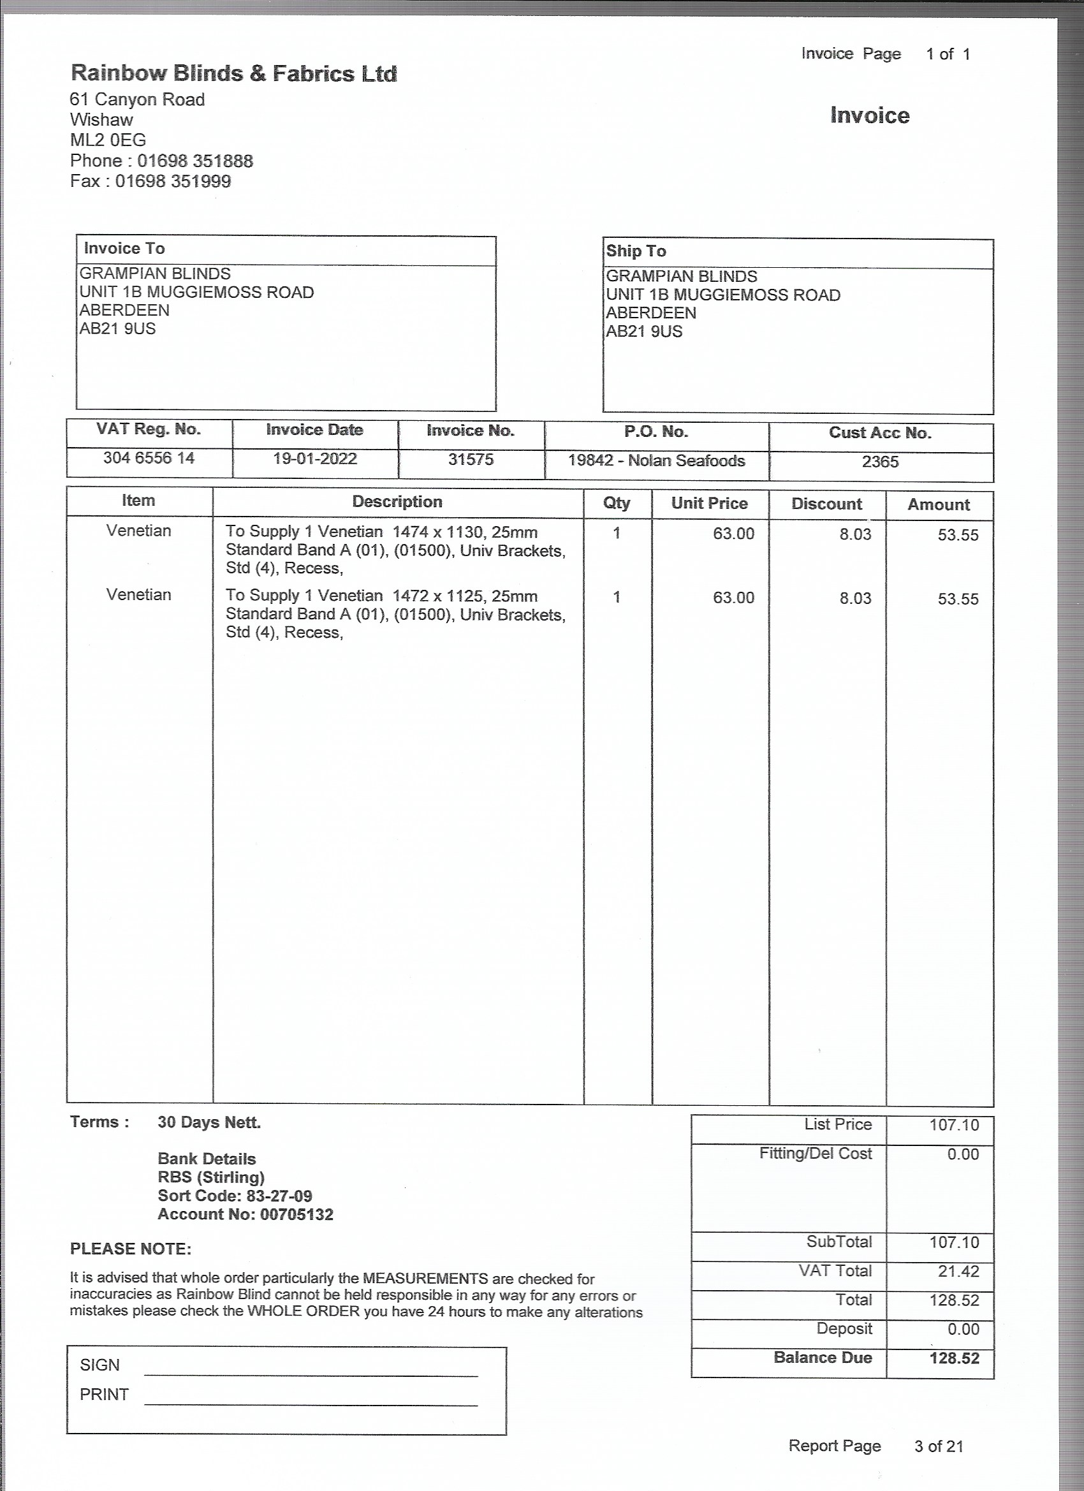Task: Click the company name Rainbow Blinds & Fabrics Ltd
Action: [x=233, y=73]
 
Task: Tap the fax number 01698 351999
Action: [x=173, y=182]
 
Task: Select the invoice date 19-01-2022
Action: [x=315, y=459]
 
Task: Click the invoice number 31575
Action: [x=471, y=460]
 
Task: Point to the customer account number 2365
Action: [x=879, y=462]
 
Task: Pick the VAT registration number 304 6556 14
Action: [x=149, y=457]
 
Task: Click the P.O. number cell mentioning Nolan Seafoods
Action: [x=656, y=460]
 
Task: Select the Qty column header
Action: [x=617, y=503]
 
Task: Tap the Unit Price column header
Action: [x=709, y=504]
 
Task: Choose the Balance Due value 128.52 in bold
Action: [x=954, y=1358]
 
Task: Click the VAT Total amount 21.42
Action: [x=958, y=1271]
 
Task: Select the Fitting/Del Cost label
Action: [x=815, y=1153]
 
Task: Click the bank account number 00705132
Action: [x=297, y=1214]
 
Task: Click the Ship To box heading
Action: [x=636, y=251]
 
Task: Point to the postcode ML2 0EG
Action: [x=108, y=140]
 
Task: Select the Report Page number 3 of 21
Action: [x=938, y=1446]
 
